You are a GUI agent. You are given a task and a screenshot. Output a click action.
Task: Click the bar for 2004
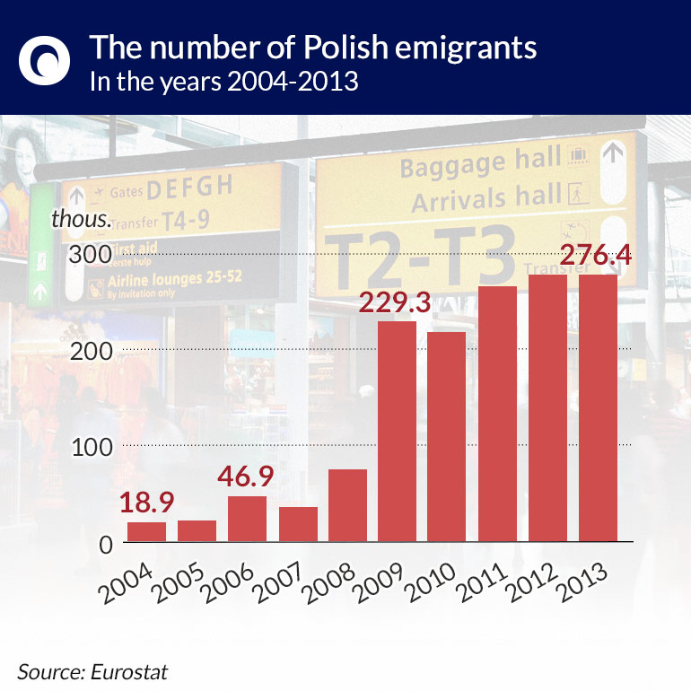click(x=146, y=532)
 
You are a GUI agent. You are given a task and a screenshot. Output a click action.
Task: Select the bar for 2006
click(x=247, y=520)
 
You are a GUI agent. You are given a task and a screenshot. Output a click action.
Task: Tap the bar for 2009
click(x=397, y=432)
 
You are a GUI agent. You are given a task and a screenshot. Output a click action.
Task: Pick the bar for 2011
click(x=497, y=415)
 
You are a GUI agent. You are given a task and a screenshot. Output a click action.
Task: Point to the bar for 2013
click(x=598, y=408)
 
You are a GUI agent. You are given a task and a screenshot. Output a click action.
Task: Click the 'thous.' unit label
click(x=81, y=219)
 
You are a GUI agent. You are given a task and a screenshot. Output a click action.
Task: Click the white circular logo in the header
click(x=44, y=58)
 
